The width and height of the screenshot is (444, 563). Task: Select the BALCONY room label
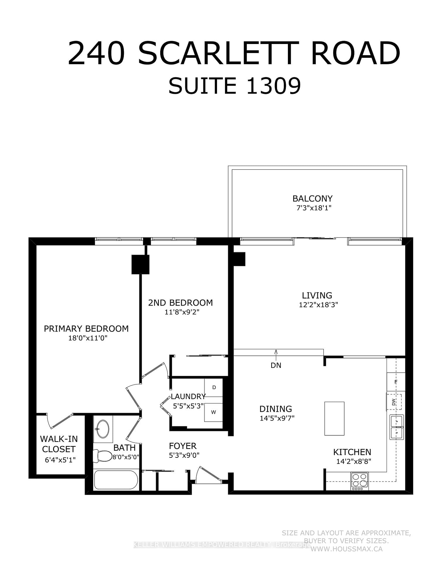312,199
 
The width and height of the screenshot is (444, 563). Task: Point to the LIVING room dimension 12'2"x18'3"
318,305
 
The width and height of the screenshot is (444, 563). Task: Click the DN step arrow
276,355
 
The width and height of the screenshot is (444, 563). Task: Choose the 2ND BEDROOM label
180,303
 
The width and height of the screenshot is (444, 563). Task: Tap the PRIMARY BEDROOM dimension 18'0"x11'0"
88,338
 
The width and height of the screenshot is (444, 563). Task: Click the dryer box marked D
214,387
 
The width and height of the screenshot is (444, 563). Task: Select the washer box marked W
214,412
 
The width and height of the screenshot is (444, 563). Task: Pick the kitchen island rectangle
334,418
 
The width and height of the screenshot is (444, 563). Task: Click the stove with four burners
360,481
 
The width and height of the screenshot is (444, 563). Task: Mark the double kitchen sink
397,427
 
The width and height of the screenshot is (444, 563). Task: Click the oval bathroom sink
103,429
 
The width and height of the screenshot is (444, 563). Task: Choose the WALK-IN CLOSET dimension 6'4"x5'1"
60,460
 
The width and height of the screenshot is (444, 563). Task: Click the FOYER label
182,446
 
